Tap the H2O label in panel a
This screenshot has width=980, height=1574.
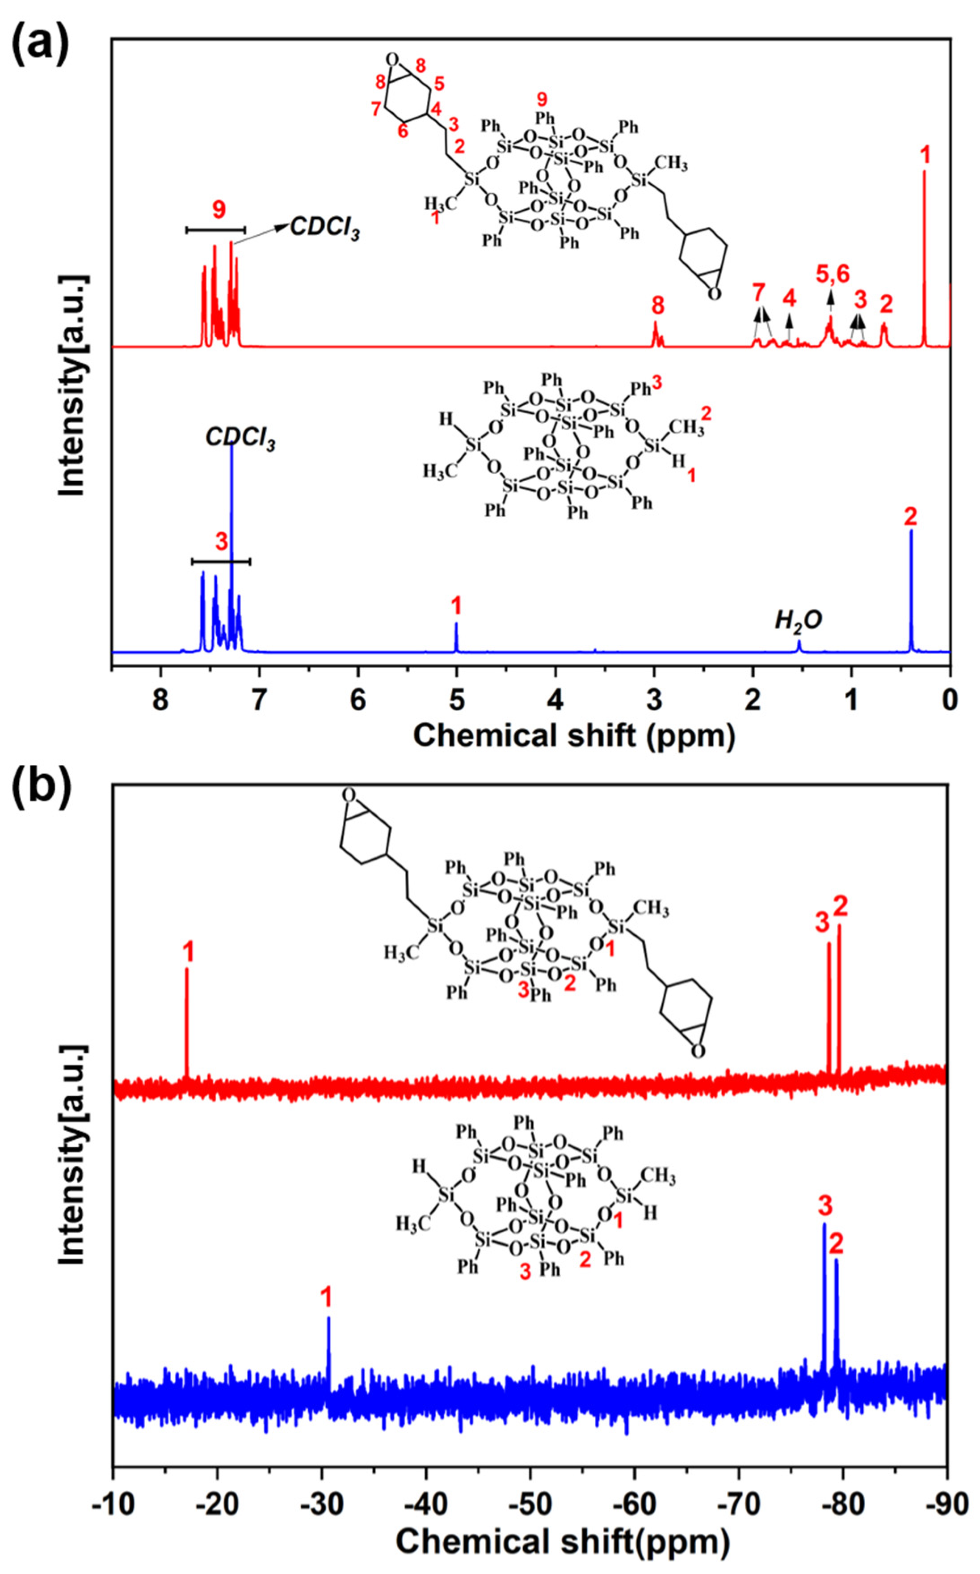[x=799, y=621]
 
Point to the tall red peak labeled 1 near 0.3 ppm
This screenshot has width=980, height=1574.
[x=924, y=259]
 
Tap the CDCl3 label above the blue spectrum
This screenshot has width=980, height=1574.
[x=240, y=438]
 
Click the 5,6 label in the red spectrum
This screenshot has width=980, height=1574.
[x=832, y=274]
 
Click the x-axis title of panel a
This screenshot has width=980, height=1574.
[x=574, y=736]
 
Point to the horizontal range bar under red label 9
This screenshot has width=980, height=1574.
[x=216, y=229]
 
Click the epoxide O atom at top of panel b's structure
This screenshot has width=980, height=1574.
[x=349, y=795]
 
